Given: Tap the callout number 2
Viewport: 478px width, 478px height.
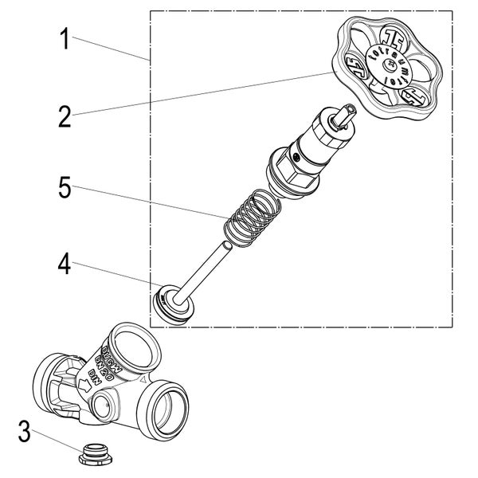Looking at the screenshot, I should pyautogui.click(x=65, y=116).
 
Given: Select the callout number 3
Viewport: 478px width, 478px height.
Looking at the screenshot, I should pyautogui.click(x=26, y=435).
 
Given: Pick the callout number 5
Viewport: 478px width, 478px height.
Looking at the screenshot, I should pyautogui.click(x=65, y=190).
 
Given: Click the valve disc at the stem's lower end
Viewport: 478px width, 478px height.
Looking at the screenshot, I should pyautogui.click(x=172, y=305).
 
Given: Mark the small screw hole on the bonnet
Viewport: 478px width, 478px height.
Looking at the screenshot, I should pyautogui.click(x=296, y=159).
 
